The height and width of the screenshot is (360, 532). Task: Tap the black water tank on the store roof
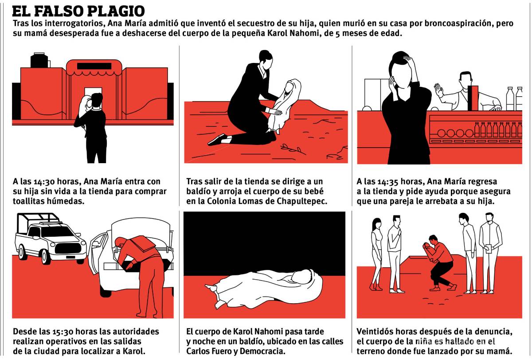pyautogui.click(x=39, y=60)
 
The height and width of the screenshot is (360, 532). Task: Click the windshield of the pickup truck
pyautogui.click(x=58, y=231)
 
